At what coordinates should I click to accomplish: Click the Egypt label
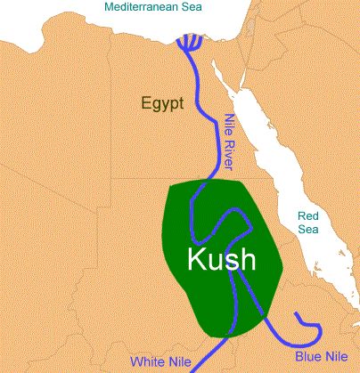pyautogui.click(x=162, y=103)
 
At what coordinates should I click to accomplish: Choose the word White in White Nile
pyautogui.click(x=147, y=361)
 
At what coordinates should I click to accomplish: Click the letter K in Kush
pyautogui.click(x=196, y=260)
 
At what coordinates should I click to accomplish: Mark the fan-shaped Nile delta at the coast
pyautogui.click(x=191, y=43)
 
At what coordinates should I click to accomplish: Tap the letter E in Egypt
pyautogui.click(x=146, y=102)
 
